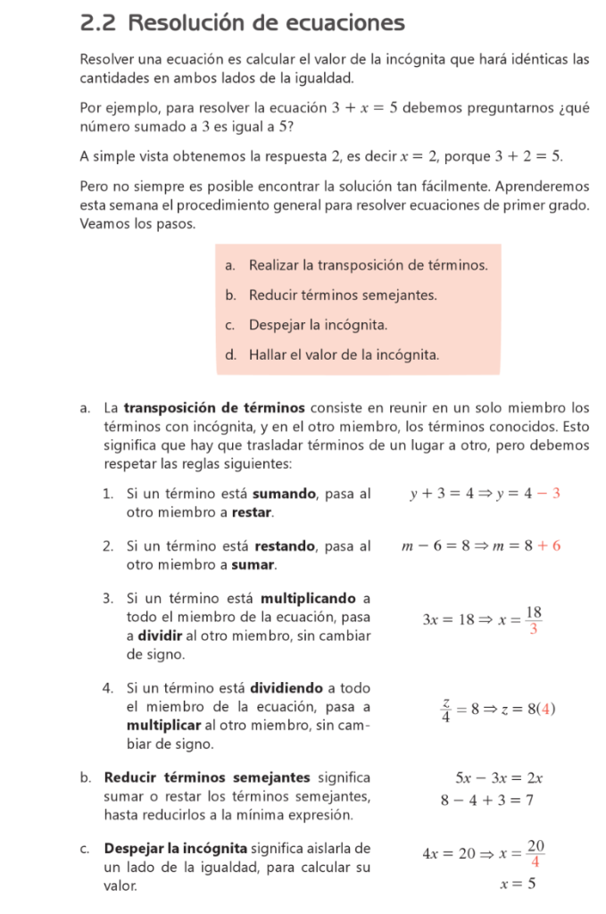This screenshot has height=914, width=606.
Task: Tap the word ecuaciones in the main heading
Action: pos(345,23)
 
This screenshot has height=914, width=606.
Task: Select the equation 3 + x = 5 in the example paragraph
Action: pos(364,108)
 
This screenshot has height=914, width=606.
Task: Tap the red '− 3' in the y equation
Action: pos(549,494)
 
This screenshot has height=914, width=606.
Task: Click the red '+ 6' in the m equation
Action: pos(549,545)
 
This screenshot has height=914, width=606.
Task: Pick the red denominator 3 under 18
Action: pos(533,629)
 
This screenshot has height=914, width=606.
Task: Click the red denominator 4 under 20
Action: pos(534,862)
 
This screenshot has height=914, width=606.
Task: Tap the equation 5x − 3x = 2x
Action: pos(499,778)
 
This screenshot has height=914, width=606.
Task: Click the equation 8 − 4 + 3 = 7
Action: pos(487,800)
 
